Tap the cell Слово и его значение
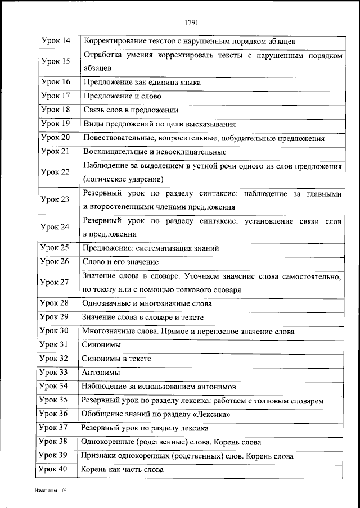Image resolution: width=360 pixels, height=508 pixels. click(120, 261)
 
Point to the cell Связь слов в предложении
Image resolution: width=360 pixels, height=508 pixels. click(130, 110)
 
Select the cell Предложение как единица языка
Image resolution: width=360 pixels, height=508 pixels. click(142, 82)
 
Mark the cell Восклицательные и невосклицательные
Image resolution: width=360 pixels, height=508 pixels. click(155, 151)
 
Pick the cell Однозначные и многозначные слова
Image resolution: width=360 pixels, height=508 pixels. click(146, 303)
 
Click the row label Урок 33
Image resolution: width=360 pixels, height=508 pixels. click(55, 372)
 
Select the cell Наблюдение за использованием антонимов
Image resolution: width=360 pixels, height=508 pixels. click(159, 386)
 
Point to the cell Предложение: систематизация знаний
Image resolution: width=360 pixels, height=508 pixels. click(151, 247)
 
